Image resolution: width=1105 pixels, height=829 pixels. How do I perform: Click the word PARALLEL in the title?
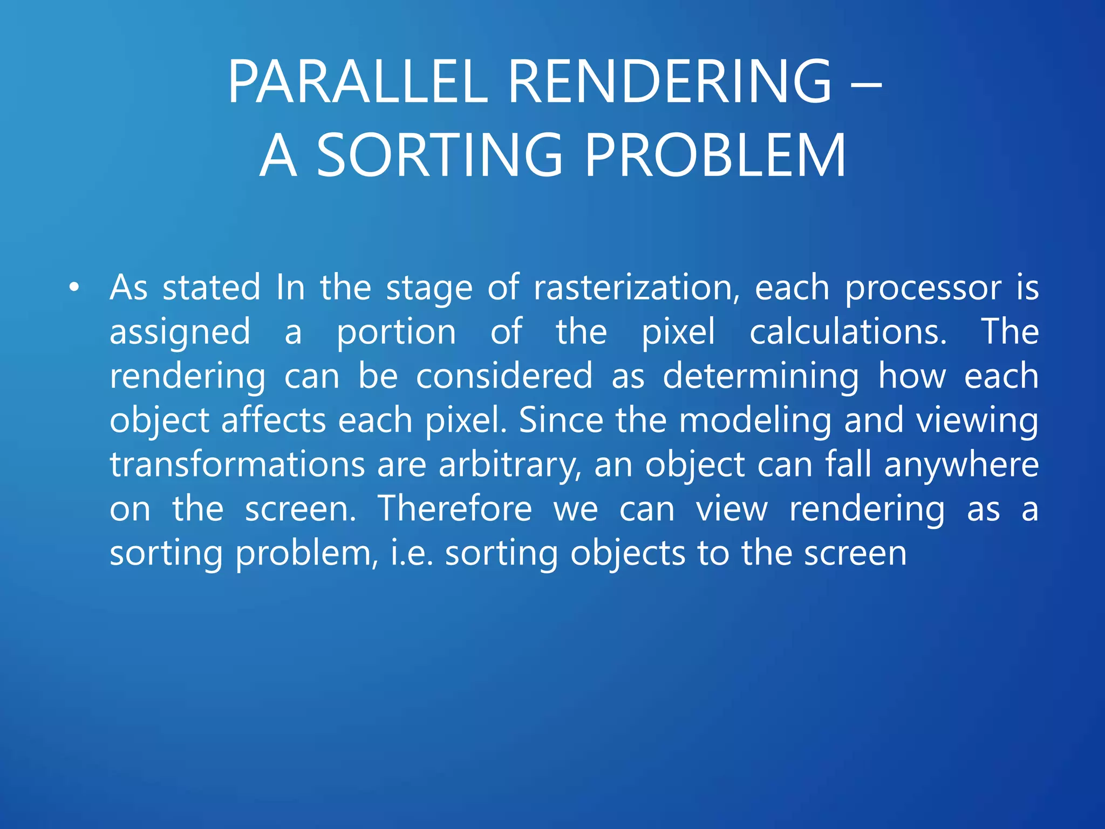tap(358, 82)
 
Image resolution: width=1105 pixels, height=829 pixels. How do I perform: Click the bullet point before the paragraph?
tap(74, 288)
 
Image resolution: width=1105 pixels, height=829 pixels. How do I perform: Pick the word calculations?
tap(848, 332)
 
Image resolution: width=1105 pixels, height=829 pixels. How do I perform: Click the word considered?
tap(504, 376)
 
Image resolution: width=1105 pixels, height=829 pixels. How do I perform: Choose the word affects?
tap(274, 420)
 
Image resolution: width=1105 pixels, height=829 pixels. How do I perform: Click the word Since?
tap(561, 420)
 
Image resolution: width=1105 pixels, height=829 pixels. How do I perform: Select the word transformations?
tap(237, 465)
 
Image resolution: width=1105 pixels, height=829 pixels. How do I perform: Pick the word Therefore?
tap(454, 509)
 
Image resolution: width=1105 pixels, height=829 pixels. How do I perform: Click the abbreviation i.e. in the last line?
tap(412, 553)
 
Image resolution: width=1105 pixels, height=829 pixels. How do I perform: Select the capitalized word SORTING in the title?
tap(439, 156)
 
